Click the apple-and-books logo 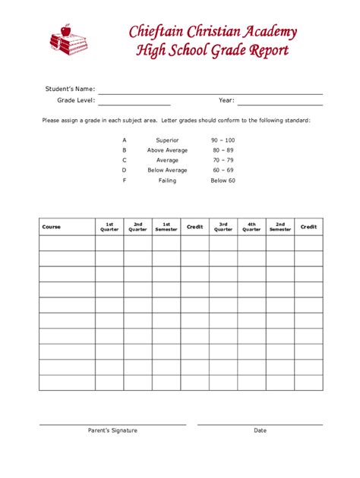(68, 39)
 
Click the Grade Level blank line (134, 102)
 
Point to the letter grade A (124, 140)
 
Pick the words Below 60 (223, 181)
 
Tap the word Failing (167, 181)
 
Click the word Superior (167, 140)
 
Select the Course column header (52, 227)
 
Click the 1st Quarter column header (109, 227)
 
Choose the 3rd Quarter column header (223, 227)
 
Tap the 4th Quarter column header (251, 227)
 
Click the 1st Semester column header (166, 227)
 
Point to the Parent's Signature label (112, 431)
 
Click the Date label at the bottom (260, 431)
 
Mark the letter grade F (124, 181)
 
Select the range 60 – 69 (223, 171)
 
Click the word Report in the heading (267, 52)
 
